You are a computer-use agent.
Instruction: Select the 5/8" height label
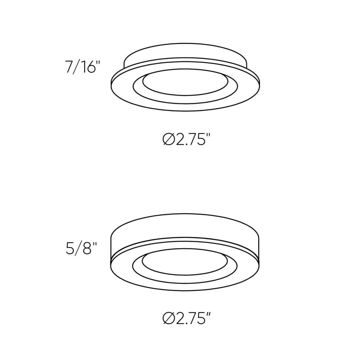click(x=82, y=248)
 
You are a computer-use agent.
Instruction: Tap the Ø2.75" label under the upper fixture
click(x=186, y=139)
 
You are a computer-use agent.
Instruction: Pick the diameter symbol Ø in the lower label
click(x=168, y=318)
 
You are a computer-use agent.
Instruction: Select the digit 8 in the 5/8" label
click(x=87, y=248)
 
